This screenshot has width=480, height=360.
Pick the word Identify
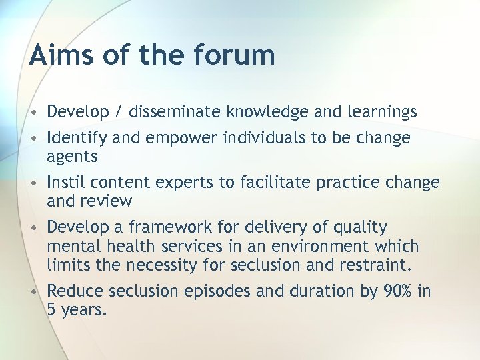coord(75,138)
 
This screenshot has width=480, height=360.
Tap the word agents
coord(72,157)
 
